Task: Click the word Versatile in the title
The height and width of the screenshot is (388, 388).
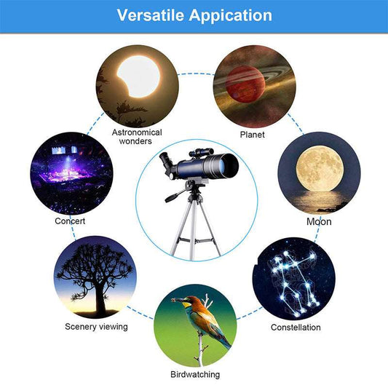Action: tap(151, 15)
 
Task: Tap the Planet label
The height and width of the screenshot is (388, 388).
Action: tap(252, 135)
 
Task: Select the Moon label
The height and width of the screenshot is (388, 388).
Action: tap(319, 221)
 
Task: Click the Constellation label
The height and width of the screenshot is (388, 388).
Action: tap(296, 328)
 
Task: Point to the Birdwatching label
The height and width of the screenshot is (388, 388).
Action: tap(194, 374)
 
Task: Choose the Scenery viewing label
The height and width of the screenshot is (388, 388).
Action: tap(96, 327)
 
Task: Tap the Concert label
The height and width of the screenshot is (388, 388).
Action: tap(70, 221)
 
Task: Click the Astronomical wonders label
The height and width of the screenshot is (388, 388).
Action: tap(137, 137)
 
